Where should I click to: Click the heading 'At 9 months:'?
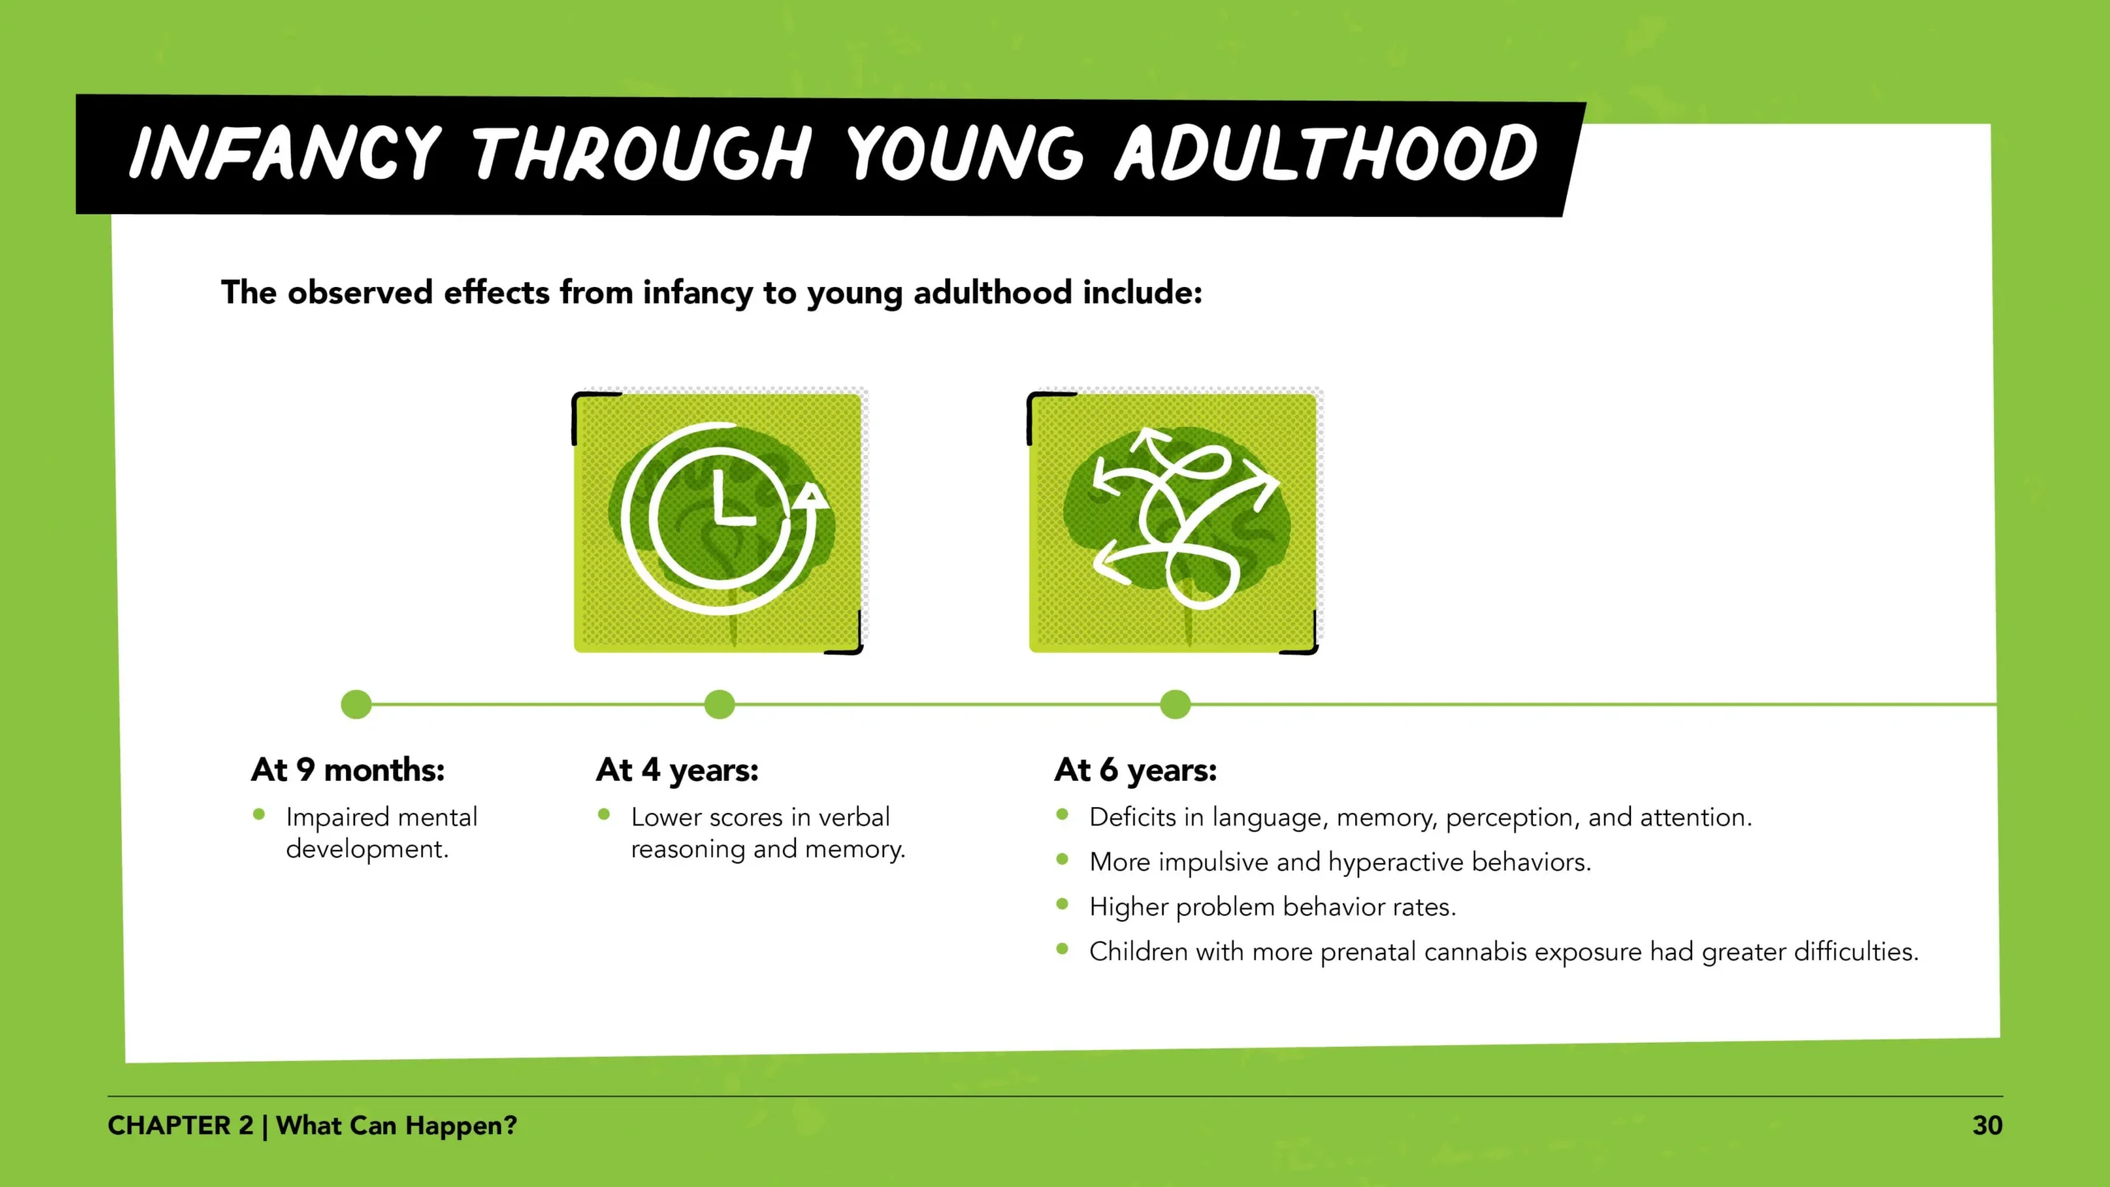coord(348,770)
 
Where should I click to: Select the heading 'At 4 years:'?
coord(677,770)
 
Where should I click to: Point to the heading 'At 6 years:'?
coord(1135,770)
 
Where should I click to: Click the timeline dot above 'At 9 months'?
coord(356,705)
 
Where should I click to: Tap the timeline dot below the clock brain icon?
coord(720,705)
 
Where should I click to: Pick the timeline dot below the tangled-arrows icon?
coord(1175,705)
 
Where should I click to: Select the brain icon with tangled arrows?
coord(1175,522)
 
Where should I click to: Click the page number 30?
coord(1987,1125)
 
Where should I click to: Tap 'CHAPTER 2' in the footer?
coord(181,1125)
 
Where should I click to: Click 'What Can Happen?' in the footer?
coord(396,1126)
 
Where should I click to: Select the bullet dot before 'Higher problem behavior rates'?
coord(1062,904)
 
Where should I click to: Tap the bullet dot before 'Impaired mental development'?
coord(259,814)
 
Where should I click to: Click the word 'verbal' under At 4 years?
coord(854,817)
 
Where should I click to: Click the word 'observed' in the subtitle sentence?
coord(360,293)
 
